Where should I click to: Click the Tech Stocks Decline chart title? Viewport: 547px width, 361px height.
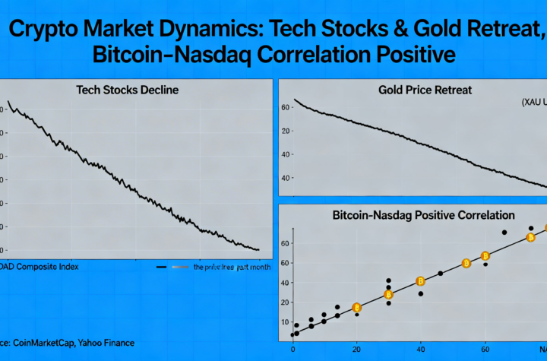pyautogui.click(x=128, y=90)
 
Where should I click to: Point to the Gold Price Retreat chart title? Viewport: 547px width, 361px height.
pyautogui.click(x=425, y=90)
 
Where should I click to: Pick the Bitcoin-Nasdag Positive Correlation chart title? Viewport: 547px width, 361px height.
pyautogui.click(x=423, y=216)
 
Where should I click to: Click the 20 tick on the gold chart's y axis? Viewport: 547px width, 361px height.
pyautogui.click(x=286, y=131)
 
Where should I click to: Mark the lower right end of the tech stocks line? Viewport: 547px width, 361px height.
pyautogui.click(x=259, y=249)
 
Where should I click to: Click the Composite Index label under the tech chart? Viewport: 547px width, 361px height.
pyautogui.click(x=45, y=268)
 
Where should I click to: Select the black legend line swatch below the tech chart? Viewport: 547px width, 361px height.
pyautogui.click(x=161, y=268)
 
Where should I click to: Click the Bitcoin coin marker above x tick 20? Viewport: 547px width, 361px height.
pyautogui.click(x=357, y=308)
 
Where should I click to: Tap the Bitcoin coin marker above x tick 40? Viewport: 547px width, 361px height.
pyautogui.click(x=420, y=282)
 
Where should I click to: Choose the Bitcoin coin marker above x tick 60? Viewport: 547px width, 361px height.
pyautogui.click(x=485, y=256)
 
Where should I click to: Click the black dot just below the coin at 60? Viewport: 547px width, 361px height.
pyautogui.click(x=485, y=264)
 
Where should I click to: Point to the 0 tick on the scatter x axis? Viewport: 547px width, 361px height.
pyautogui.click(x=292, y=350)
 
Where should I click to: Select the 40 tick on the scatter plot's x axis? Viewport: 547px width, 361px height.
pyautogui.click(x=420, y=350)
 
